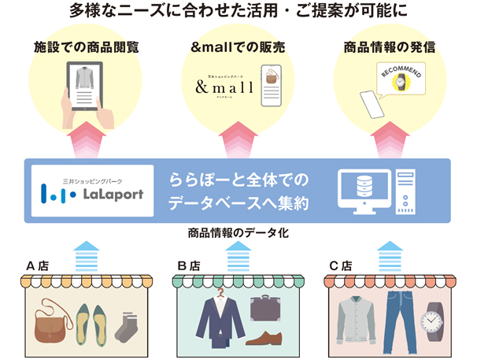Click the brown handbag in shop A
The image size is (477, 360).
pos(50,322)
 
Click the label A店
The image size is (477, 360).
pos(39,265)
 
